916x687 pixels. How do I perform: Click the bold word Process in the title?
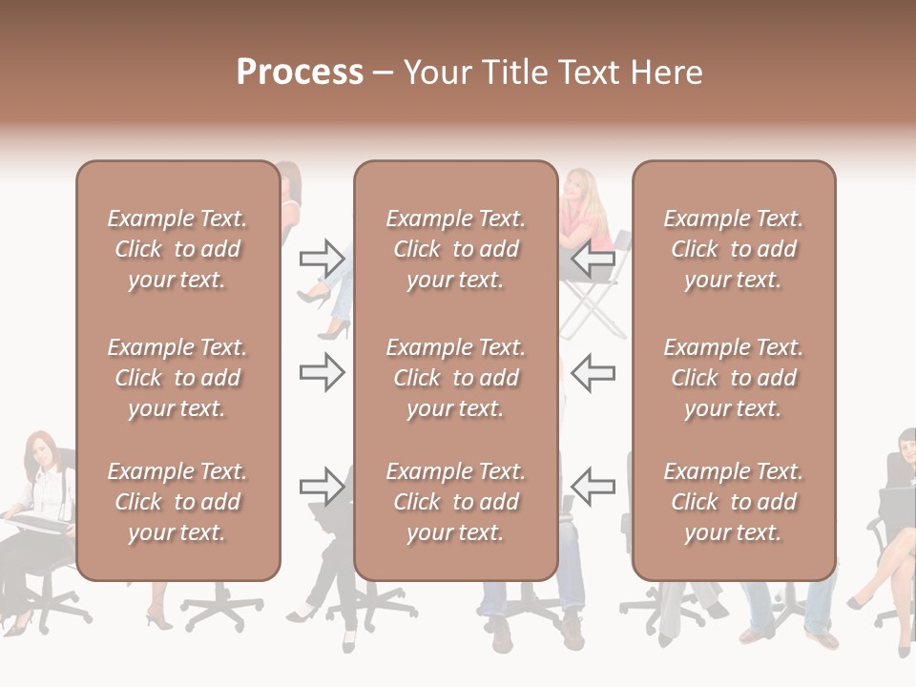pos(300,73)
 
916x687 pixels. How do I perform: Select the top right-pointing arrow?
pos(322,258)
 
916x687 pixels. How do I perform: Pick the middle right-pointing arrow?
pos(322,372)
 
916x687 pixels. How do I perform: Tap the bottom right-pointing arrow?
pos(322,487)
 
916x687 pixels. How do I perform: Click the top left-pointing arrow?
pos(593,258)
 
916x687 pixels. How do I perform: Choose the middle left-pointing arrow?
pos(593,372)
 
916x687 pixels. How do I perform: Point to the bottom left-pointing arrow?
pos(593,487)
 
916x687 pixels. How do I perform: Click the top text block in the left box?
pos(177,249)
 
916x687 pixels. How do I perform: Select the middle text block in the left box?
pos(177,378)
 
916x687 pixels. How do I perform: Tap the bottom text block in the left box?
pos(177,502)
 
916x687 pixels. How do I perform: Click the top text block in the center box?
pos(455,249)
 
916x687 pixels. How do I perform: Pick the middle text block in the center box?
pos(455,378)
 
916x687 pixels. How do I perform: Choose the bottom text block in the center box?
pos(455,502)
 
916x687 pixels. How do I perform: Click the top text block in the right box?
pos(733,249)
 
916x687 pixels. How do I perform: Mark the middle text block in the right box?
pos(733,378)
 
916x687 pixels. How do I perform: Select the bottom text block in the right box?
pos(733,502)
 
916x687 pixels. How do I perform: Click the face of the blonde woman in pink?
pos(577,185)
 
